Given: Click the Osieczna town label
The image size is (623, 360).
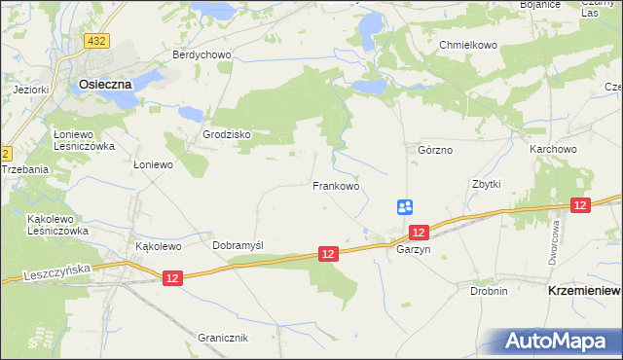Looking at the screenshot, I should (x=104, y=85).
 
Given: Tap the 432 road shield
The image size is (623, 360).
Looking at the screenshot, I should (x=96, y=41).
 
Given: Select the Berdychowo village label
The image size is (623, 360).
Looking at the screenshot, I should (x=202, y=54).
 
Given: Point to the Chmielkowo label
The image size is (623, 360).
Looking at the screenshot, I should (x=468, y=45).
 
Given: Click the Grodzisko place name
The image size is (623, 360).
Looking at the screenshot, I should (x=227, y=134).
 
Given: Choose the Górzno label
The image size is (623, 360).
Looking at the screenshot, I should (x=435, y=151).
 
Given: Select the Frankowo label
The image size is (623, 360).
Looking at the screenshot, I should (x=336, y=185).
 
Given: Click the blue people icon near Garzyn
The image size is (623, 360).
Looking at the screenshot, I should (x=405, y=206).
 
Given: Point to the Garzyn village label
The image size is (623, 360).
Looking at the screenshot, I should (x=414, y=249).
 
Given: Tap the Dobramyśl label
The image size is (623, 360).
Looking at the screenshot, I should (x=238, y=246).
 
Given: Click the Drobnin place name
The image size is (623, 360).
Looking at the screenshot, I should (x=489, y=290).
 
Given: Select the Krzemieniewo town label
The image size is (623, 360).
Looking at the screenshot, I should (x=584, y=290).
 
